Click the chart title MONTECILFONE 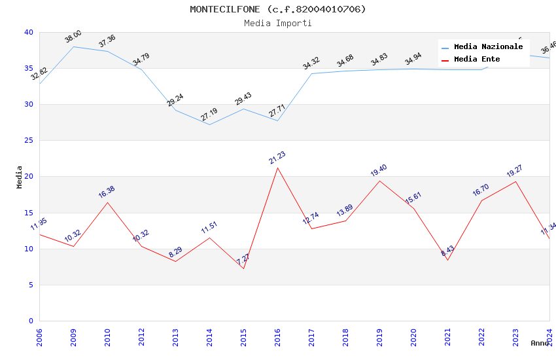coord(278,9)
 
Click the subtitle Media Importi coord(278,23)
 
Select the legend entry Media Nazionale coord(488,47)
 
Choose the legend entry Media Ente coord(477,59)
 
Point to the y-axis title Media coord(20,177)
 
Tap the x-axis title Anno coord(540,343)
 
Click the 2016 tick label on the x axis coord(277,337)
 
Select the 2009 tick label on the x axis coord(73,337)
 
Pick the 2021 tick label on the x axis coord(447,337)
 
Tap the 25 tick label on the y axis coord(28,141)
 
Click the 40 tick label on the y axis coord(28,32)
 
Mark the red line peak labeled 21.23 coord(277,168)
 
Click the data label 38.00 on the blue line coord(73,36)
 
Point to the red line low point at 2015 coord(243,268)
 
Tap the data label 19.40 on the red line coord(379,171)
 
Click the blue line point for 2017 coord(311,73)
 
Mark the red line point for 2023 coord(515,181)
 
